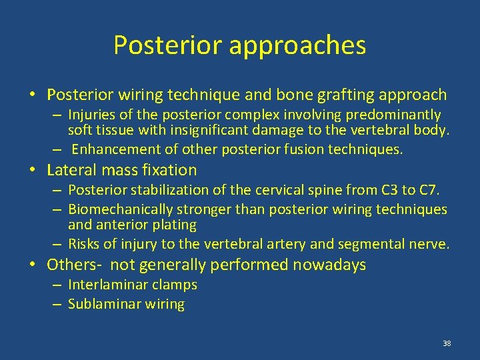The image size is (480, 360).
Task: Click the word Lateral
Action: pyautogui.click(x=69, y=170)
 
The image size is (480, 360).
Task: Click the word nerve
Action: pyautogui.click(x=432, y=243)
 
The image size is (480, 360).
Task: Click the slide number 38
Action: pyautogui.click(x=447, y=343)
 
